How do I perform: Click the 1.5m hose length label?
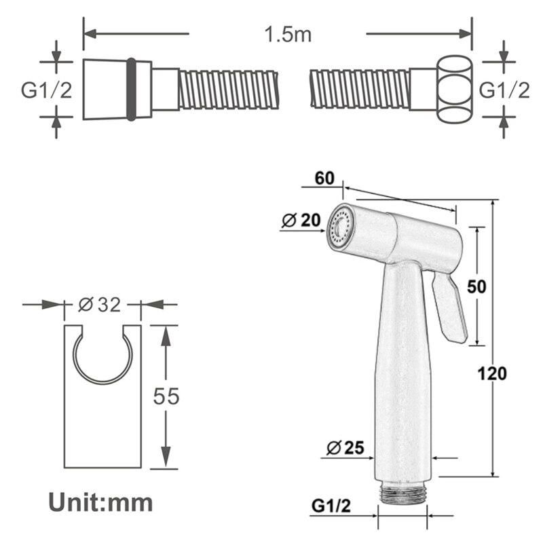[278, 34]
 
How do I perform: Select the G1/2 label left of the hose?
[46, 90]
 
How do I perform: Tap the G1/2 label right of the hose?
[504, 90]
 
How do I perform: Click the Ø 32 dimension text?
[99, 305]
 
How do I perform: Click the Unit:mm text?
[100, 502]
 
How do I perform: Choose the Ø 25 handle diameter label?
[345, 447]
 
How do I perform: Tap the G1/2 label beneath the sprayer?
[332, 506]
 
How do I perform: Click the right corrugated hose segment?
[360, 89]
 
